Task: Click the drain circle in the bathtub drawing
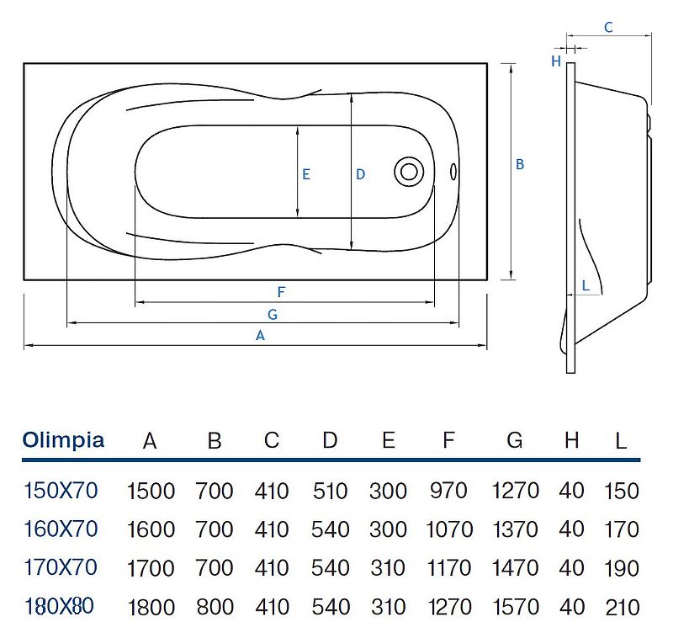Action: pyautogui.click(x=409, y=171)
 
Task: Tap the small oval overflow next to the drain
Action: pyautogui.click(x=453, y=172)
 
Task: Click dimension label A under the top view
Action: pyautogui.click(x=261, y=335)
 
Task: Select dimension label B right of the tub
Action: pyautogui.click(x=520, y=165)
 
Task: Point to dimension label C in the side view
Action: pyautogui.click(x=608, y=28)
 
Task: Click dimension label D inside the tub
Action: pyautogui.click(x=360, y=174)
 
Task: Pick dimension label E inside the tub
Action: pyautogui.click(x=306, y=174)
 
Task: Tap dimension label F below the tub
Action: pyautogui.click(x=282, y=292)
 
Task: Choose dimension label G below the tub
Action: pyautogui.click(x=271, y=314)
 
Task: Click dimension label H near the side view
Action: pyautogui.click(x=555, y=61)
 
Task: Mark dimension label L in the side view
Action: pyautogui.click(x=586, y=285)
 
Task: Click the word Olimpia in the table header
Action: pyautogui.click(x=64, y=440)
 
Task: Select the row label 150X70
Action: pyautogui.click(x=60, y=490)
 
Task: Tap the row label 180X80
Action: pyautogui.click(x=60, y=606)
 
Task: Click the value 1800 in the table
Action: pyautogui.click(x=151, y=607)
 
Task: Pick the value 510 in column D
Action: pyautogui.click(x=330, y=491)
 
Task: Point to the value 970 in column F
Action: pyautogui.click(x=448, y=491)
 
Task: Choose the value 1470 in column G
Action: pyautogui.click(x=515, y=568)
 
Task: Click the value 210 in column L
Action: pyautogui.click(x=622, y=607)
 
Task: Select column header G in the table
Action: pyautogui.click(x=515, y=440)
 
